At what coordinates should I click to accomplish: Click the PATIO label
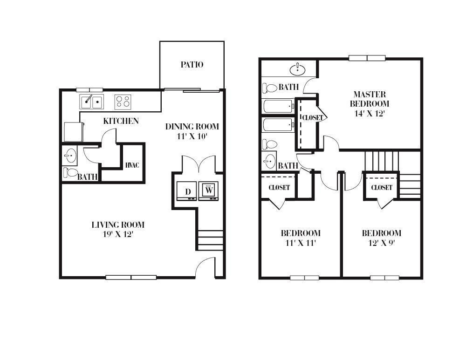pyautogui.click(x=192, y=65)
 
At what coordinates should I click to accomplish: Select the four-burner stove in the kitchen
pyautogui.click(x=123, y=101)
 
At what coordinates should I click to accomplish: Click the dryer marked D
pyautogui.click(x=188, y=191)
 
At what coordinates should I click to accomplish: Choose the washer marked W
pyautogui.click(x=209, y=190)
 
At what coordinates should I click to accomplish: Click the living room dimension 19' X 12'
pyautogui.click(x=118, y=234)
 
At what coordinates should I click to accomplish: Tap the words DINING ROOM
pyautogui.click(x=192, y=126)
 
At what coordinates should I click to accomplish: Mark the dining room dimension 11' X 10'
pyautogui.click(x=192, y=136)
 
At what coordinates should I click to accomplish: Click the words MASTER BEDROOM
pyautogui.click(x=369, y=99)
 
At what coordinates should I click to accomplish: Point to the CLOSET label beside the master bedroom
pyautogui.click(x=312, y=118)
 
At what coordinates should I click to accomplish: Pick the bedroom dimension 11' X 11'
pyautogui.click(x=300, y=243)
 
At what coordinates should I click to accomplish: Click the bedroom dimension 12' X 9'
pyautogui.click(x=381, y=243)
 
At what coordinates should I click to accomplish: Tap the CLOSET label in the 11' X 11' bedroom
pyautogui.click(x=279, y=188)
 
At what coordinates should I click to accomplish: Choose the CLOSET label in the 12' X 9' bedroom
pyautogui.click(x=381, y=188)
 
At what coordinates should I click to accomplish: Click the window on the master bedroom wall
pyautogui.click(x=367, y=58)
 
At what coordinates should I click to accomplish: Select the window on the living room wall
pyautogui.click(x=131, y=278)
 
